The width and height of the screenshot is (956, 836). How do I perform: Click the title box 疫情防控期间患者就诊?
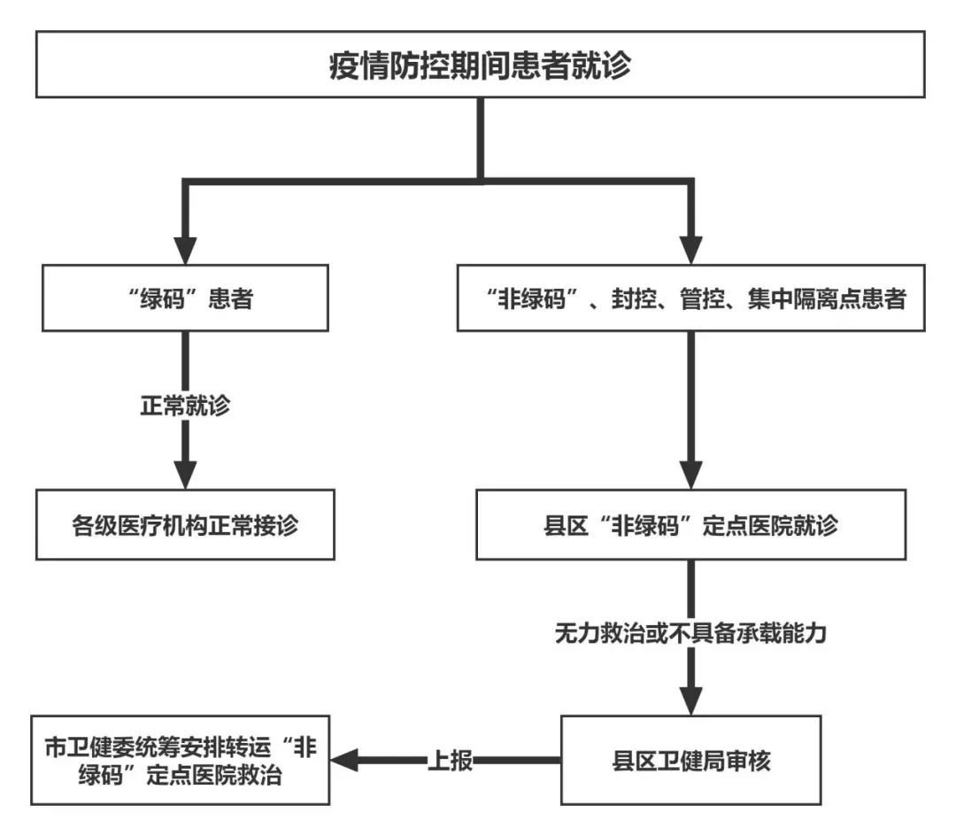[480, 64]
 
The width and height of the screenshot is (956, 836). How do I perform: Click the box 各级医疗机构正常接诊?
[185, 525]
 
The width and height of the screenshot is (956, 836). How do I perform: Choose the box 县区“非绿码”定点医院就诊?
[692, 525]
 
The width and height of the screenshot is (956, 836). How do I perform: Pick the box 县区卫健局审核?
[692, 761]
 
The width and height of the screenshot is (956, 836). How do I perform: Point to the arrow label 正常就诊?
[186, 407]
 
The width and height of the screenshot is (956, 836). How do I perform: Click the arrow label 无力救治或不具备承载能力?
[690, 634]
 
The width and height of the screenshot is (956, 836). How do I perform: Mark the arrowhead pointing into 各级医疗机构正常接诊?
[185, 476]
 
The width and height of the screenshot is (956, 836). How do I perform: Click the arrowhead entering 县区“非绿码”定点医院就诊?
[691, 476]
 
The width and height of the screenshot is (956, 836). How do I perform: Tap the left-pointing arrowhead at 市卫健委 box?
[345, 760]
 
